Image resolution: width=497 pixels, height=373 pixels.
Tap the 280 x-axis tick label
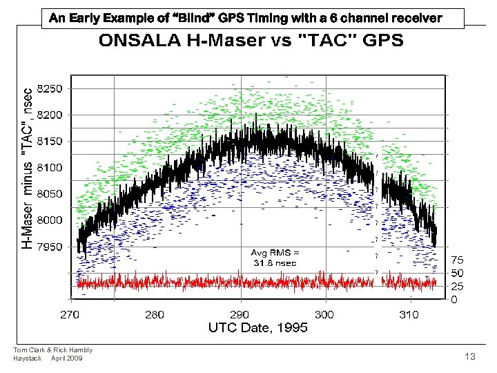coord(155,314)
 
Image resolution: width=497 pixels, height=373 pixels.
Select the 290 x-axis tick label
coord(240,314)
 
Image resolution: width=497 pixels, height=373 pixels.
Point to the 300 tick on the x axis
coord(324,314)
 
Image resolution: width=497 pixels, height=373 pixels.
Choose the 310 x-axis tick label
coord(409,314)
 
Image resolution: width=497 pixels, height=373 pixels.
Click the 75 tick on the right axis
coord(457,260)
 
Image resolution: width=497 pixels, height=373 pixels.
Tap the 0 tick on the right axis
coord(454,300)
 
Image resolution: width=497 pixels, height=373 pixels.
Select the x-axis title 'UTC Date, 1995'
coord(257,328)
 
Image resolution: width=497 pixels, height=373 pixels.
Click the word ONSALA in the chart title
coord(138,40)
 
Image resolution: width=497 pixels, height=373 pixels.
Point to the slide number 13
coord(470,356)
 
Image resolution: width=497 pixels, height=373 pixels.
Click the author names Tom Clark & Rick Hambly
coord(52,350)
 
